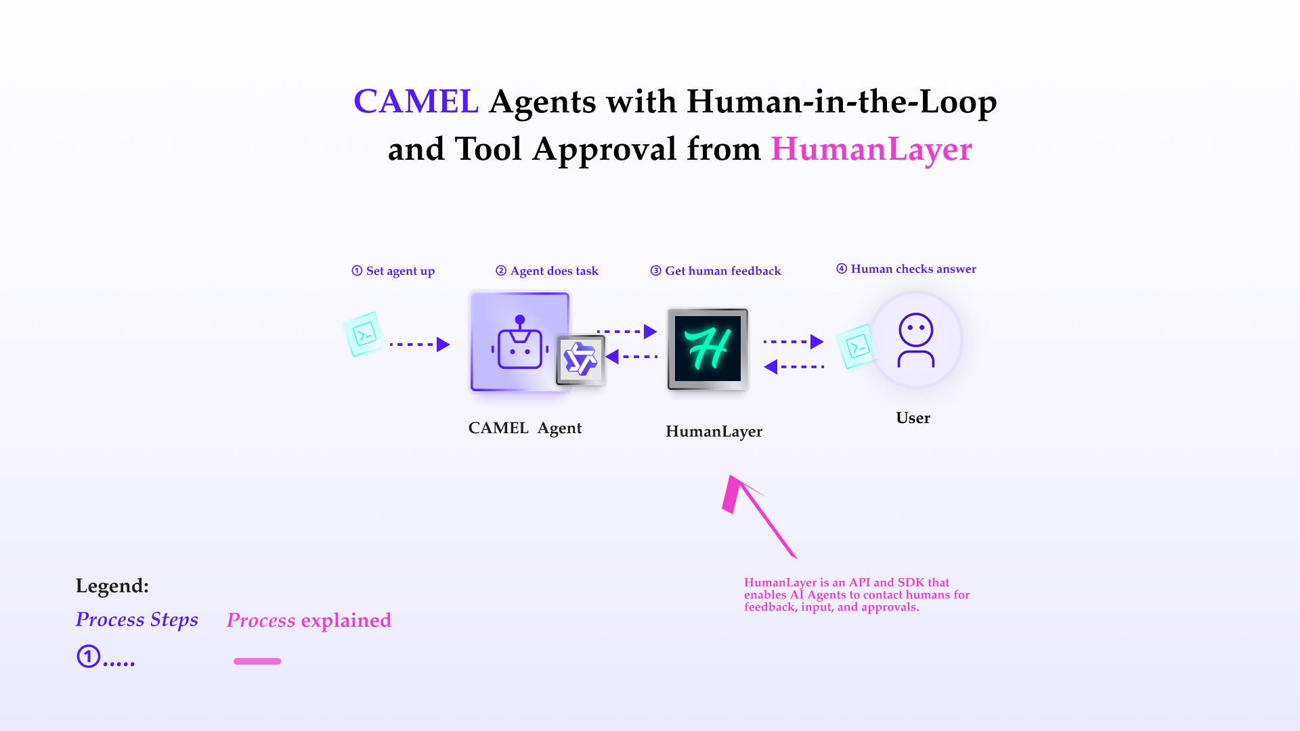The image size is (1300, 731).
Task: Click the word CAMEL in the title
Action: coord(416,102)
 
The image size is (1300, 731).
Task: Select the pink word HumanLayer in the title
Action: coord(871,149)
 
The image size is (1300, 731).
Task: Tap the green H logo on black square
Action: coord(708,349)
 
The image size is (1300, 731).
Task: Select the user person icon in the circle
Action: coord(916,340)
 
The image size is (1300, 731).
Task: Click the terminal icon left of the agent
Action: coord(364,334)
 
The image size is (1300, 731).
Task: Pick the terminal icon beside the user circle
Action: coord(857,347)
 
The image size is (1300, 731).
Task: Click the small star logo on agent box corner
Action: coord(580,359)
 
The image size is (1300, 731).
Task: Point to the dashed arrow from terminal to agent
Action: coord(420,345)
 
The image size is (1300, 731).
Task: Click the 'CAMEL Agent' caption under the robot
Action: coord(525,428)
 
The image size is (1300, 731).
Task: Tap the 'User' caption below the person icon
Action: coord(913,418)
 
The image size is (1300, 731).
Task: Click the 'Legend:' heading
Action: coord(112,586)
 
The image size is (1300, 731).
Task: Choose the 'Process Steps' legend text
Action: coord(137,620)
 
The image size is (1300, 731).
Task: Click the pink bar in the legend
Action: coord(257,661)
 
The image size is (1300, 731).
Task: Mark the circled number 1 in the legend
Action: coord(88,657)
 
